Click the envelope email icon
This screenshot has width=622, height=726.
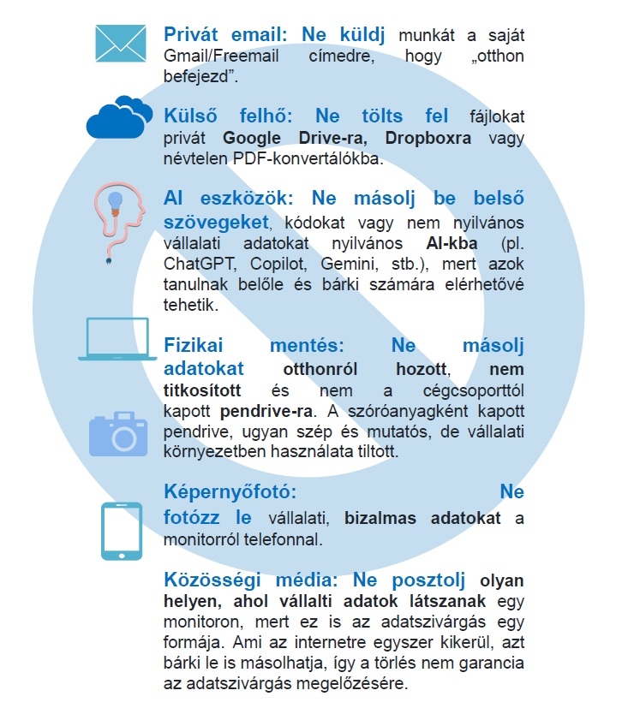(120, 42)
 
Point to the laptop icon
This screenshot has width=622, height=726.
(117, 338)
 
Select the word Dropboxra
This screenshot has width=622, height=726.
(428, 139)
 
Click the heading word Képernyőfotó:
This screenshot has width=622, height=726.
(230, 493)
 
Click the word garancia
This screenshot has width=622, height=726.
(481, 664)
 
